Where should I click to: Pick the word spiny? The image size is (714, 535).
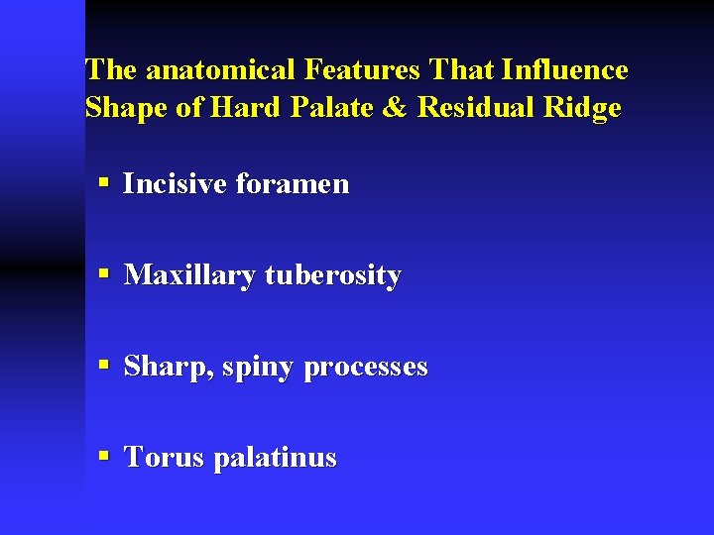click(x=258, y=369)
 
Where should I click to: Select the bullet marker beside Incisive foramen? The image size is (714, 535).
click(x=104, y=183)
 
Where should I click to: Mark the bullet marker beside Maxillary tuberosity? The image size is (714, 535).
click(x=104, y=275)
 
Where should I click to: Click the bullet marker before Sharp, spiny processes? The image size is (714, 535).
click(x=104, y=367)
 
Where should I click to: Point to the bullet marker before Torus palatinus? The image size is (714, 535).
click(x=104, y=458)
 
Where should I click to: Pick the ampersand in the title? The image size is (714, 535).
click(x=394, y=107)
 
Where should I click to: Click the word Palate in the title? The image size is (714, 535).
click(x=336, y=107)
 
